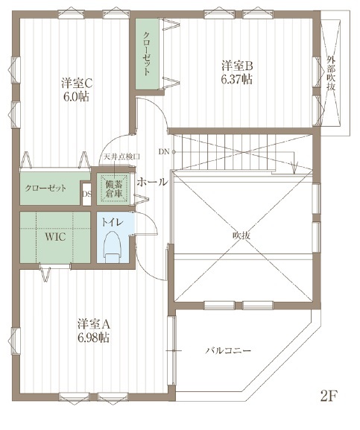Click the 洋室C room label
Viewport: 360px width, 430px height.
tap(76, 83)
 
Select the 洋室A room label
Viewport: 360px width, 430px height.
tap(94, 324)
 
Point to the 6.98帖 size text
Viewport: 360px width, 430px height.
tap(94, 338)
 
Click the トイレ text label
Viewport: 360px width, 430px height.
tap(112, 222)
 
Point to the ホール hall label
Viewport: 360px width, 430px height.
tap(152, 181)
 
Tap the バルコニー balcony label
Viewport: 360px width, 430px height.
tap(227, 350)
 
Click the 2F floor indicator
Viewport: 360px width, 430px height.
tap(329, 396)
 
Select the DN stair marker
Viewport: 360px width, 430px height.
tap(163, 152)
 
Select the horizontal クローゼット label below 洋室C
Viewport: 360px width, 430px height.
tap(45, 189)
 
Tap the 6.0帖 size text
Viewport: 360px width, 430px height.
tap(76, 96)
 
